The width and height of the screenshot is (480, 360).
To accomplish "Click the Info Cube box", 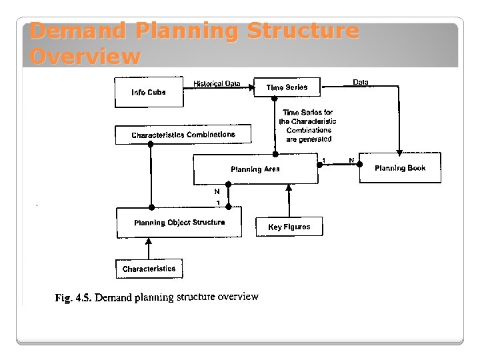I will point(149,91).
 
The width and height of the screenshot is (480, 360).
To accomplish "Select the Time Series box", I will point(287,87).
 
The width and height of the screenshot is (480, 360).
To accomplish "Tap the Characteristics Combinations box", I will point(183,135).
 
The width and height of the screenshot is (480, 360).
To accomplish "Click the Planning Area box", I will point(255,169).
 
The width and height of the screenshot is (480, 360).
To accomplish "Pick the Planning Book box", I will point(400,168).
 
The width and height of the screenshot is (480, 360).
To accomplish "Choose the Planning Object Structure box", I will point(179,223).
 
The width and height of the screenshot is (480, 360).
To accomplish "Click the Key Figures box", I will point(289,227).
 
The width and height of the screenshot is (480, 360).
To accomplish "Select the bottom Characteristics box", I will point(149,269).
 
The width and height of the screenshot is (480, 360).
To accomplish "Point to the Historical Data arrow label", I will point(217,83).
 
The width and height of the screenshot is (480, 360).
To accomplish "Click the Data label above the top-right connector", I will point(360,82).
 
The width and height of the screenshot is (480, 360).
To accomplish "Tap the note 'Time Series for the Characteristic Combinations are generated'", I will point(307,126).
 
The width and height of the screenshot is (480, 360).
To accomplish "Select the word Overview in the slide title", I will point(85,57).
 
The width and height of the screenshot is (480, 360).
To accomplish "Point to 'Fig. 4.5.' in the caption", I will point(72,298).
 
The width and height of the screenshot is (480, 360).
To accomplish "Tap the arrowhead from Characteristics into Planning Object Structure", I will point(149,241).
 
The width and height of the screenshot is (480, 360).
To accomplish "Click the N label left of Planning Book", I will point(351,160).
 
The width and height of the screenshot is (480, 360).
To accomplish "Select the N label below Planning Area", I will point(217,191).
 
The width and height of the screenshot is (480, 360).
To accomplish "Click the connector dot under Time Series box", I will point(275,99).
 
